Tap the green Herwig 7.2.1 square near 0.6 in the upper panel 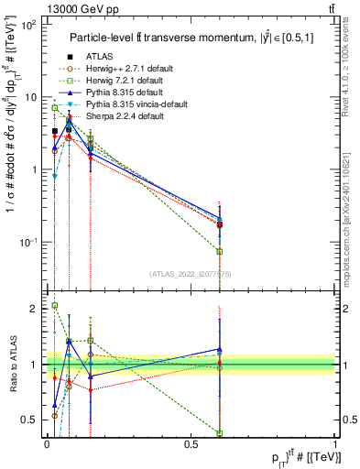click(x=220, y=251)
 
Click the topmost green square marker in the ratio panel click(x=55, y=306)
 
